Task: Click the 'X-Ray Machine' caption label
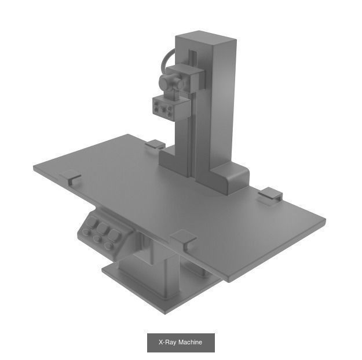click(x=181, y=343)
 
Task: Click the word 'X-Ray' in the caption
click(x=167, y=343)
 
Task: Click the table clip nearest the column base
click(x=155, y=143)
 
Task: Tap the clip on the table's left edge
click(x=71, y=177)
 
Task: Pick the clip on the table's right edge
click(x=270, y=195)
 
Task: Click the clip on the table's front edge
click(x=184, y=239)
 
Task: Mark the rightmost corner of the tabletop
click(x=324, y=221)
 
